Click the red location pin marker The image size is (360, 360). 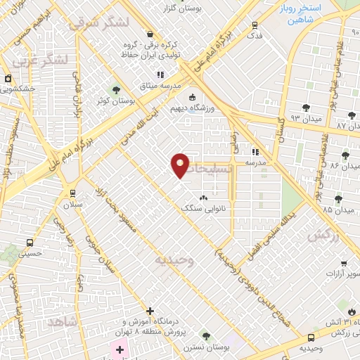[181, 165]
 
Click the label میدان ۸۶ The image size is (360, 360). [345, 166]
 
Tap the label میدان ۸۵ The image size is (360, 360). [338, 210]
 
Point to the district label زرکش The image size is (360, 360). [343, 237]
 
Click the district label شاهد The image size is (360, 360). [59, 321]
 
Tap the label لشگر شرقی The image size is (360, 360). [98, 22]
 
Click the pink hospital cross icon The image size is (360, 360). [120, 349]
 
